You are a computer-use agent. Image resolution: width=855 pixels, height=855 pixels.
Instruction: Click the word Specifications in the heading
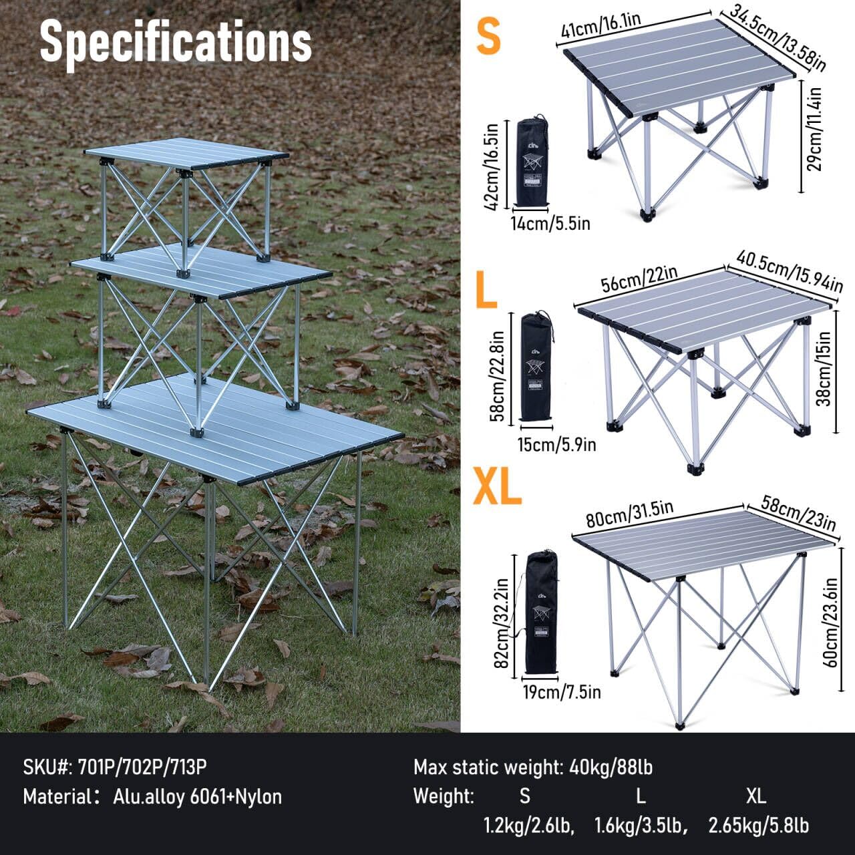[176, 41]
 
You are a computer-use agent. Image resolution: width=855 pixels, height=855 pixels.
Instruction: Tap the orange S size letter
[488, 37]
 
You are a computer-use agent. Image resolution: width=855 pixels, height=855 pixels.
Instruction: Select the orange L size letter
[486, 288]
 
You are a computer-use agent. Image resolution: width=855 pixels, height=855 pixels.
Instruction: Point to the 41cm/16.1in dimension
[601, 25]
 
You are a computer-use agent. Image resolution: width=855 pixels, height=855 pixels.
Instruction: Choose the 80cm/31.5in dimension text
[629, 514]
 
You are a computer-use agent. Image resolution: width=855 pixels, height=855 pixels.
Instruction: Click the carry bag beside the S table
[532, 162]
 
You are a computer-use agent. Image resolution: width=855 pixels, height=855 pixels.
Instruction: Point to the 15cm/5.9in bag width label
[556, 444]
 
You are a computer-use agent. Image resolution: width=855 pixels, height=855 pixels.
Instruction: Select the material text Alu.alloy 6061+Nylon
[197, 796]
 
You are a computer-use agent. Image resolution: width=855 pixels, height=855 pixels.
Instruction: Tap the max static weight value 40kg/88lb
[611, 767]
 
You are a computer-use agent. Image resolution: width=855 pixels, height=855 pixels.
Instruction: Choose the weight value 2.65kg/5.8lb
[758, 826]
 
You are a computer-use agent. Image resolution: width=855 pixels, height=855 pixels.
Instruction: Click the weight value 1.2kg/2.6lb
[528, 826]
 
